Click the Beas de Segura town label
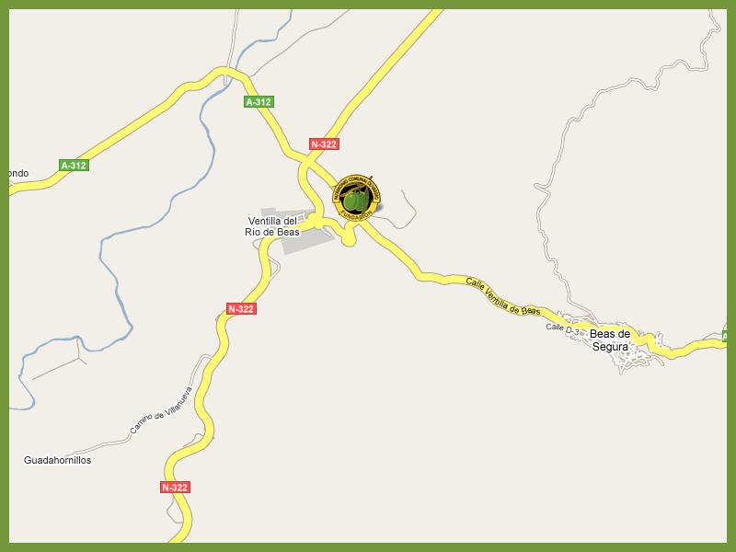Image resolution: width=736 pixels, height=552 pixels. [x=610, y=339]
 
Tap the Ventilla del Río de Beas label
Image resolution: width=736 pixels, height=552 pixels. [x=273, y=226]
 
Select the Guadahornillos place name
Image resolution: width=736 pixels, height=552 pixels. [x=57, y=460]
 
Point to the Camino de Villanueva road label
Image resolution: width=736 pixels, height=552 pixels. [x=159, y=411]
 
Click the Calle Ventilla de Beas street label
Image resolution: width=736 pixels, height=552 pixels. [x=502, y=296]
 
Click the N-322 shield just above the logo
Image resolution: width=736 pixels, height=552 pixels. [x=324, y=144]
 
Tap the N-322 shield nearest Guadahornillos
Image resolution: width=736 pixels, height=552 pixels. [x=175, y=487]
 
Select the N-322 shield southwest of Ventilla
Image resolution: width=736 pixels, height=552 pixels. [x=241, y=308]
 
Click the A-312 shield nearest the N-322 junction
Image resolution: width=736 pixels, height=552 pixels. [x=259, y=101]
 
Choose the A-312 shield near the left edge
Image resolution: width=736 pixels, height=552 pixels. [x=73, y=166]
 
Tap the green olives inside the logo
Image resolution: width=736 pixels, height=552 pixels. [x=356, y=199]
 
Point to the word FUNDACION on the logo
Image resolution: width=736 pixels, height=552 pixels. [x=356, y=214]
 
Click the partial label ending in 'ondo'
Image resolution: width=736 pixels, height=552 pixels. [x=18, y=173]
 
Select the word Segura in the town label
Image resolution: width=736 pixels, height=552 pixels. [x=610, y=347]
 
